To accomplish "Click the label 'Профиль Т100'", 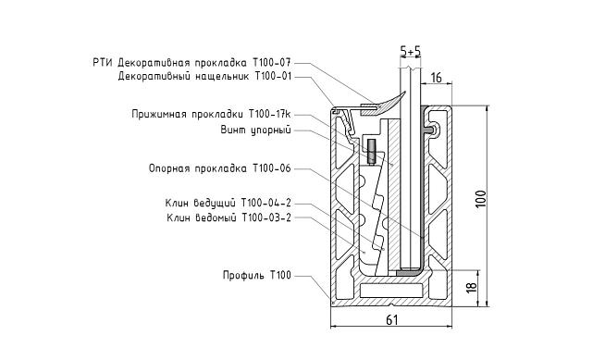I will tap(256, 275).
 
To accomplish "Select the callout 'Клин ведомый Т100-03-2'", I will tap(229, 218).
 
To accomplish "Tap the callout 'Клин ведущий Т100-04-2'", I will tap(229, 202).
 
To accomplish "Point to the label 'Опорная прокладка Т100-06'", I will tap(219, 168).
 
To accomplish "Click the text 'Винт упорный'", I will tap(255, 130).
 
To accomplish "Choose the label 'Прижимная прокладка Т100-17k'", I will tap(211, 114).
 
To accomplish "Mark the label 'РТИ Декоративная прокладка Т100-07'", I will tap(198, 63).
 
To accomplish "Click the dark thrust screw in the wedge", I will tap(370, 152).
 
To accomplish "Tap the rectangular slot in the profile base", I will tap(389, 290).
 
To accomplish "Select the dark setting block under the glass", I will tap(408, 273).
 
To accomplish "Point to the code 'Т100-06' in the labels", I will tap(272, 168).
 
